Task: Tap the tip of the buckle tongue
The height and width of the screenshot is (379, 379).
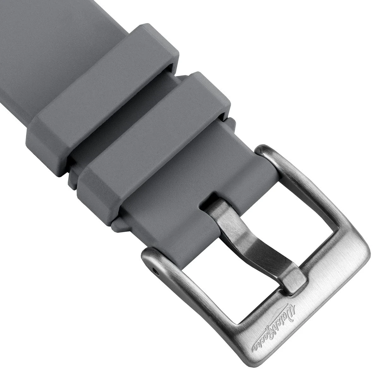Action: [x=295, y=281]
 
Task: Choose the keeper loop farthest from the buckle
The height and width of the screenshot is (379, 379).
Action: [x=101, y=92]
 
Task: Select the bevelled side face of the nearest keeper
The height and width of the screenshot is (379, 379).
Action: [x=95, y=189]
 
